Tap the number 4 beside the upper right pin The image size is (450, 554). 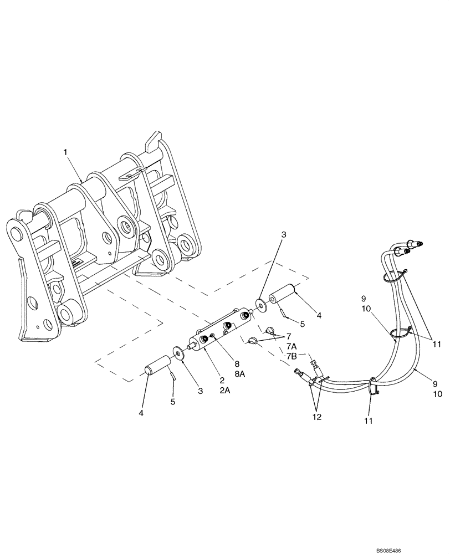click(x=319, y=315)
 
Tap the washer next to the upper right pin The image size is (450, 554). click(x=260, y=304)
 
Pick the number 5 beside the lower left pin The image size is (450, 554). click(x=172, y=401)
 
